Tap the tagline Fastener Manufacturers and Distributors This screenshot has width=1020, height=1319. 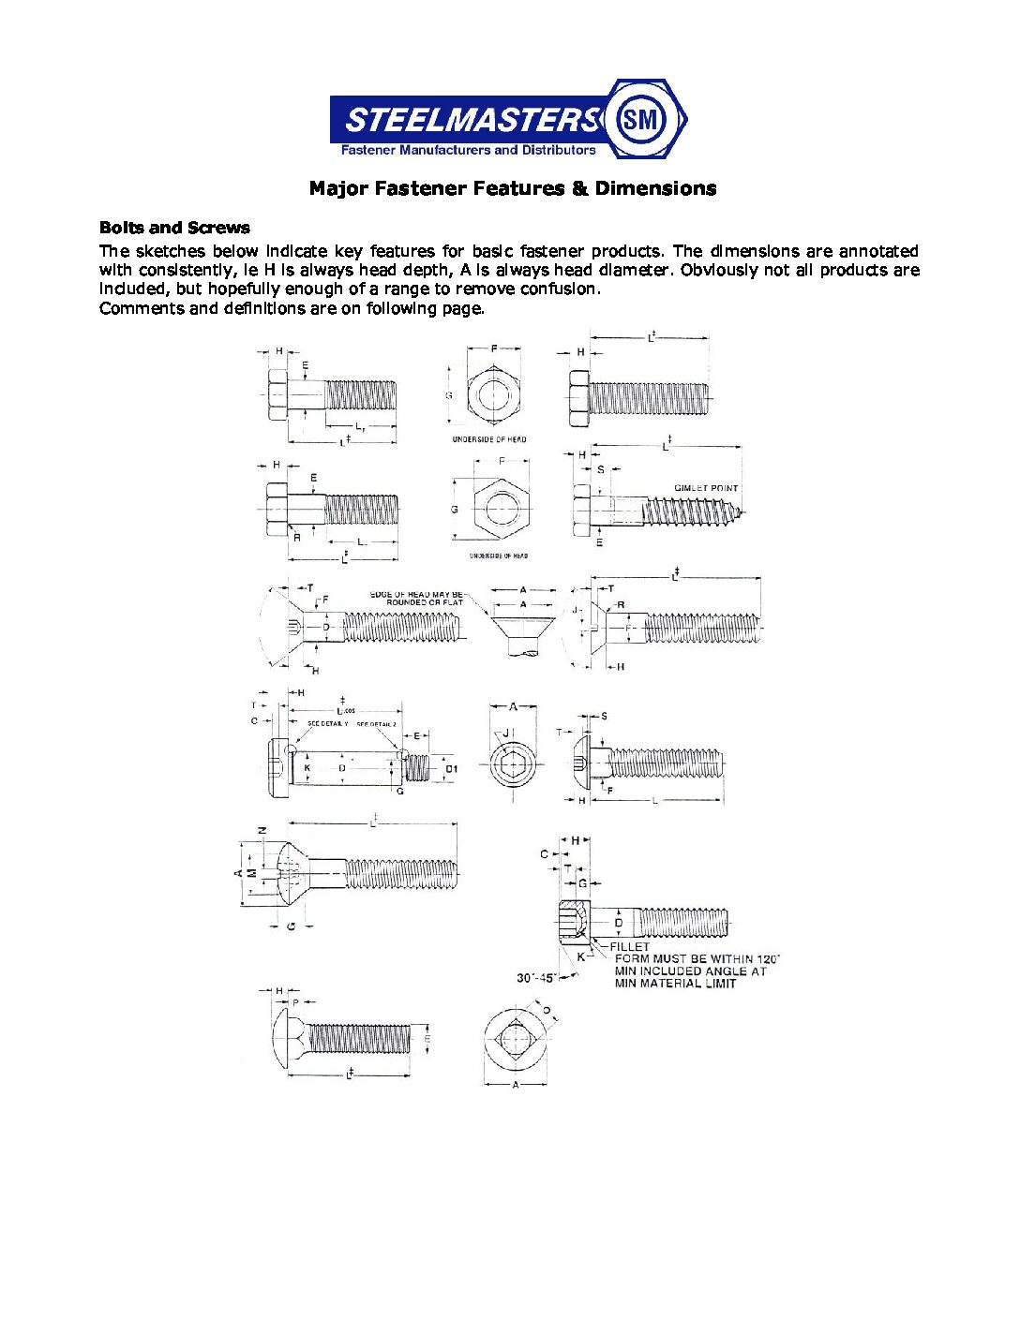(x=468, y=150)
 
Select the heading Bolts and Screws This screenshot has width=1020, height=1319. (x=174, y=228)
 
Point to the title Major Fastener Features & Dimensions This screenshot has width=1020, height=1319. (x=513, y=188)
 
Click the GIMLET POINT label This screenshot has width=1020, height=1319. (x=706, y=488)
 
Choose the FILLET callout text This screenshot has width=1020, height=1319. (x=629, y=947)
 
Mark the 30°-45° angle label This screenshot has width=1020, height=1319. (x=536, y=977)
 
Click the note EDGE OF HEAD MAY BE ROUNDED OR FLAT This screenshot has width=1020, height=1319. (x=416, y=598)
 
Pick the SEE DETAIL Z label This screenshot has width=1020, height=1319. (x=377, y=724)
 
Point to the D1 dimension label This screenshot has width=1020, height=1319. (x=451, y=769)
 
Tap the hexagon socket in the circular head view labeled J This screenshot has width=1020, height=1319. (x=512, y=764)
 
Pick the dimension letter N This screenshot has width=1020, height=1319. (x=262, y=830)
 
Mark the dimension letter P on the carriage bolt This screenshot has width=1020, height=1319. (x=296, y=1001)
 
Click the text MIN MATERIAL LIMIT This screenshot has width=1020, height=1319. (x=675, y=983)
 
